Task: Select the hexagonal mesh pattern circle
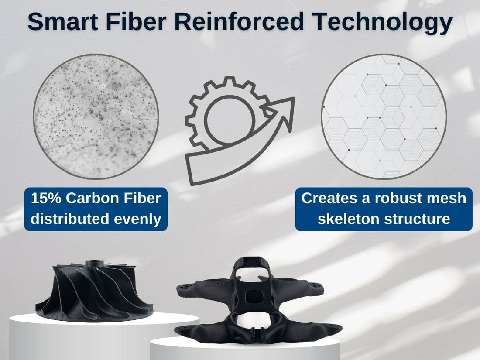[x=384, y=117]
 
